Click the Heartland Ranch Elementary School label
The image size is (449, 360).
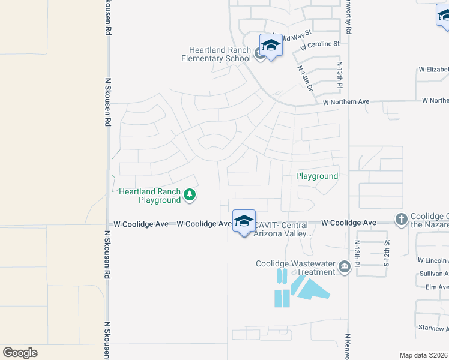coord(217,54)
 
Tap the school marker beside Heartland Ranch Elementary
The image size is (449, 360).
coord(271,46)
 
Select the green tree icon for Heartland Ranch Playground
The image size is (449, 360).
coord(190,194)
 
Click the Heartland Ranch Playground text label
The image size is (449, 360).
coord(150,196)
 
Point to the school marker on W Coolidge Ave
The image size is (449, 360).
coord(244,222)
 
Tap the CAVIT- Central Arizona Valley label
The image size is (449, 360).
coord(282,230)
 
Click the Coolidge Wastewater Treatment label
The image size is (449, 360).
coord(295,268)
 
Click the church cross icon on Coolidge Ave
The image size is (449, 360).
coord(401,220)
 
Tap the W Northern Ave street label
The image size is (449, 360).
coord(346,102)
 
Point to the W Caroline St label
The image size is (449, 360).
coord(320,44)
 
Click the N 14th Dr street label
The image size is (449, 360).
coord(306,78)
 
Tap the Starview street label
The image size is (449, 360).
coord(433,329)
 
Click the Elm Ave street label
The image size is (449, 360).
coord(436,287)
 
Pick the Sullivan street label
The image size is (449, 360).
coord(433,274)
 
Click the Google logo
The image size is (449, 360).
coord(20,353)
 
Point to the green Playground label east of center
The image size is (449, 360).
coord(317,176)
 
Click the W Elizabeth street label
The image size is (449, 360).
coord(433,70)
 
